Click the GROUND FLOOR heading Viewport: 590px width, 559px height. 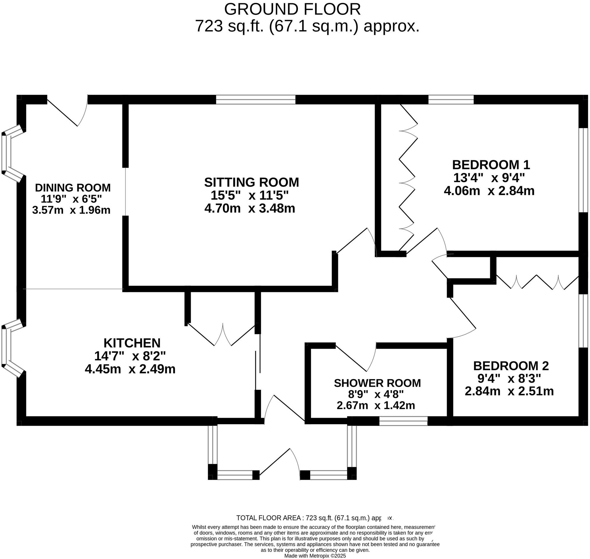click(292, 9)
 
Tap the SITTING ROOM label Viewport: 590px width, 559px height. click(251, 182)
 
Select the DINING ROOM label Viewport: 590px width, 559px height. click(73, 188)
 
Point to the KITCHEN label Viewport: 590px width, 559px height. click(132, 343)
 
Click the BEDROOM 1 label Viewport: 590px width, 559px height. click(491, 165)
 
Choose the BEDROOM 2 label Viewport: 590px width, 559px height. click(511, 366)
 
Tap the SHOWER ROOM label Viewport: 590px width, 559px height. click(377, 383)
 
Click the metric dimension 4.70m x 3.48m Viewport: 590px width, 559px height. click(249, 208)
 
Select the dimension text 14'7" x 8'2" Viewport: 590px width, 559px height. click(130, 356)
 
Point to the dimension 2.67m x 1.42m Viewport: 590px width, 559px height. click(376, 406)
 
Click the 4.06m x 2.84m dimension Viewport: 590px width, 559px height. click(489, 191)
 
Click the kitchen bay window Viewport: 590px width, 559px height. click(9, 348)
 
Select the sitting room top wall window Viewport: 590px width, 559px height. click(256, 99)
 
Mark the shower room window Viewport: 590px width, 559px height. click(403, 421)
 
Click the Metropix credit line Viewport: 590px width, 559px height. click(315, 556)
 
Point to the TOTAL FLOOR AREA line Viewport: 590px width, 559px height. click(315, 518)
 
